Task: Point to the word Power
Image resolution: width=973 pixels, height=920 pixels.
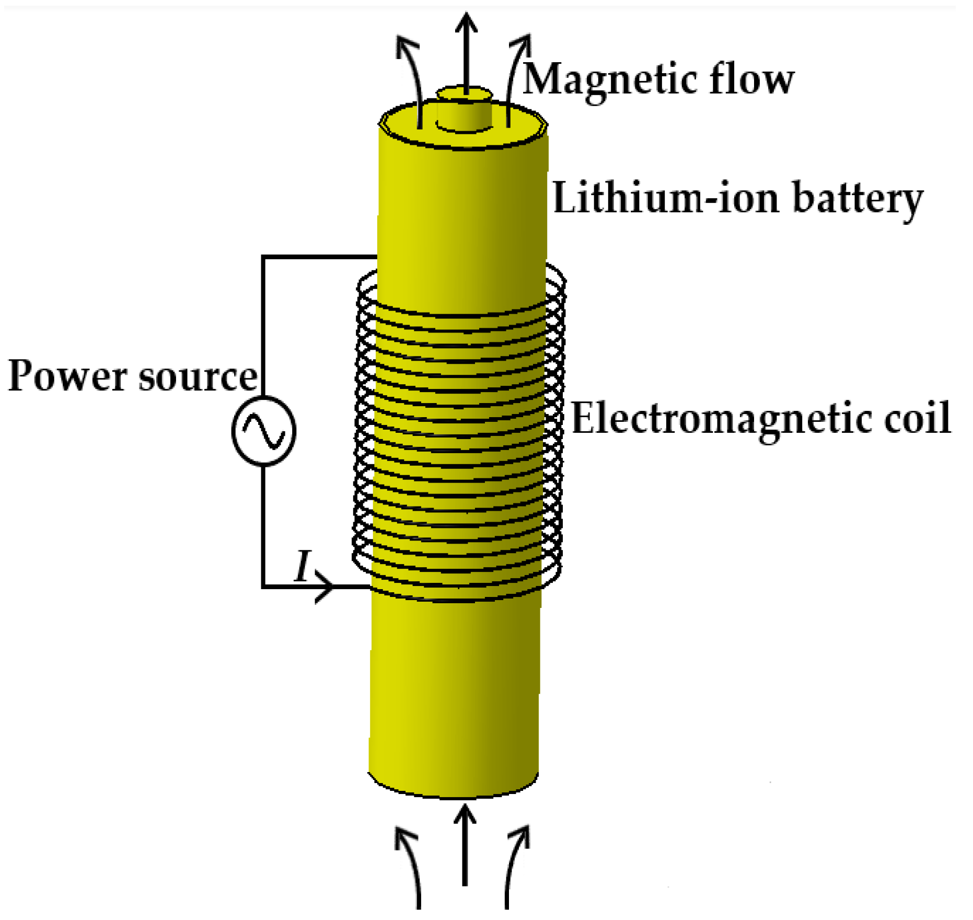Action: (x=67, y=375)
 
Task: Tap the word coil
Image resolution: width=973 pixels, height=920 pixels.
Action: (x=917, y=418)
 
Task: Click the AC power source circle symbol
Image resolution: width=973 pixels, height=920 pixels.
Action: (x=264, y=431)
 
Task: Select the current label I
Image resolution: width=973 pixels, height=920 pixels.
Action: (x=302, y=566)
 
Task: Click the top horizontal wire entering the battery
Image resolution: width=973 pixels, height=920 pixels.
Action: (x=319, y=257)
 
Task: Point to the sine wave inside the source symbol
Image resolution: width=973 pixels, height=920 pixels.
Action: (x=264, y=431)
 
